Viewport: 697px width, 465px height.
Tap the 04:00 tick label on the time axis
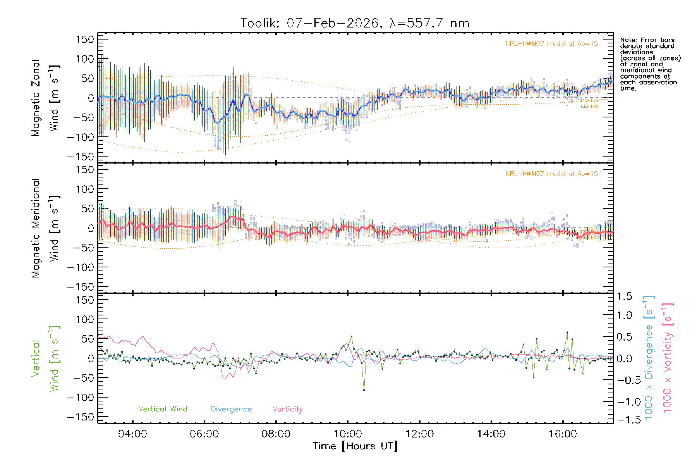[132, 434]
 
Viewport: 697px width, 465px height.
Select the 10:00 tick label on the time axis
[348, 434]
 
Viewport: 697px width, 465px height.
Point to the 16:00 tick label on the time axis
[563, 434]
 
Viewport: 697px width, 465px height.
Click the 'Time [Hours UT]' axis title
[355, 446]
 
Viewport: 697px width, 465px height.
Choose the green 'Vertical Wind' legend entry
[163, 409]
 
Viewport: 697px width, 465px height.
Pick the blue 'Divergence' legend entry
[231, 409]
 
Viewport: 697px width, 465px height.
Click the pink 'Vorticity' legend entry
[287, 409]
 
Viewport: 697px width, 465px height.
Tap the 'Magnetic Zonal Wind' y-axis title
[45, 98]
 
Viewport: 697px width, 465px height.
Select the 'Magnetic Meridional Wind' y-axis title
[45, 228]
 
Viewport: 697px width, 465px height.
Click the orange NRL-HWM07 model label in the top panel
[551, 44]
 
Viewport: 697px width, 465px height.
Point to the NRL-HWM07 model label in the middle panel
[551, 174]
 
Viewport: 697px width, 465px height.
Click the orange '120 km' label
[589, 101]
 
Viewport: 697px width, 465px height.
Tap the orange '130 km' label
[589, 107]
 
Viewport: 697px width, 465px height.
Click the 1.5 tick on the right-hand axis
[625, 296]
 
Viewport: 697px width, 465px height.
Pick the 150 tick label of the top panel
[85, 39]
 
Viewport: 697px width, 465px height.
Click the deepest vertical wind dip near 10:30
[364, 390]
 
